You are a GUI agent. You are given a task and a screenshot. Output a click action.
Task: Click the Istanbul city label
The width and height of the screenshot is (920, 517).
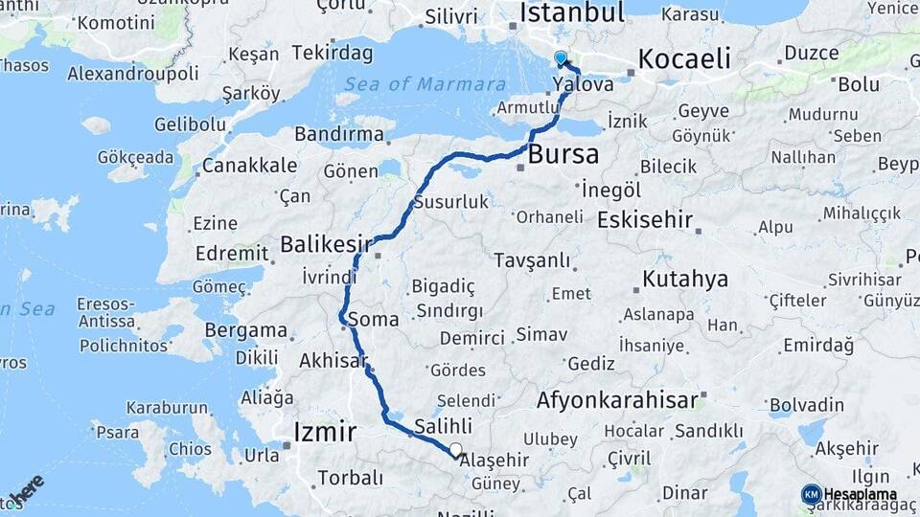(x=571, y=12)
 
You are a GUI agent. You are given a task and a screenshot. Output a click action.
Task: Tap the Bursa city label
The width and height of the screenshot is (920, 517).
(x=563, y=154)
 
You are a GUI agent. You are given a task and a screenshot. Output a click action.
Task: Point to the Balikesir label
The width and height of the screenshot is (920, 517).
(x=326, y=245)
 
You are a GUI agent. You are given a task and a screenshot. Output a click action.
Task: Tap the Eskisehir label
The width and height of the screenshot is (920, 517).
(x=644, y=220)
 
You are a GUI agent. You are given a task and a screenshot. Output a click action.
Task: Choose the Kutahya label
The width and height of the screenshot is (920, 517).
(x=685, y=280)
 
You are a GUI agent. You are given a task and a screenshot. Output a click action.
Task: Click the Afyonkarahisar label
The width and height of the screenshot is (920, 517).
(x=617, y=400)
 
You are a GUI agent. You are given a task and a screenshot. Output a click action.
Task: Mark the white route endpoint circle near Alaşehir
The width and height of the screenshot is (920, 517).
(x=455, y=450)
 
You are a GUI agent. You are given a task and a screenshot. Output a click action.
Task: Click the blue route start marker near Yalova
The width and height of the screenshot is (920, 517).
(x=561, y=58)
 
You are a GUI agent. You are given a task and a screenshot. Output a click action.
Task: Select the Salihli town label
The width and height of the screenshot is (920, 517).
(x=443, y=427)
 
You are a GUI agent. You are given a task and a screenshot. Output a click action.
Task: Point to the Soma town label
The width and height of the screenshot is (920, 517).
(x=373, y=320)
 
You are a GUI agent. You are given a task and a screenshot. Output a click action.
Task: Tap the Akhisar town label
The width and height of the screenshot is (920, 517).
(x=333, y=362)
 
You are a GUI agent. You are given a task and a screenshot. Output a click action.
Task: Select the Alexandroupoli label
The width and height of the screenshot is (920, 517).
(x=133, y=74)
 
